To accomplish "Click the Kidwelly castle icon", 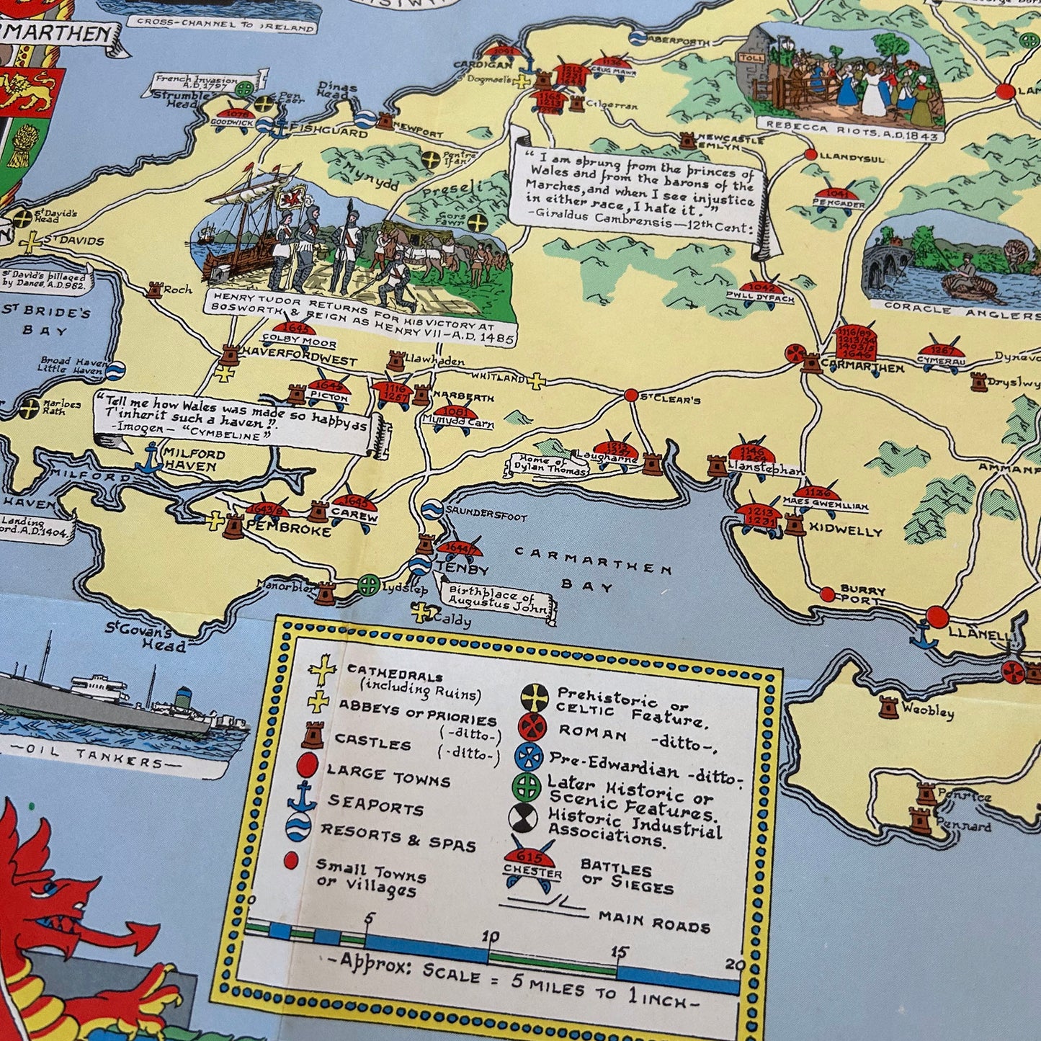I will (794, 524).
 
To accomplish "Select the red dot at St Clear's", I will (631, 395).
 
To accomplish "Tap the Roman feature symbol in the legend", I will (532, 728).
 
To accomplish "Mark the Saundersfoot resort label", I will (487, 517).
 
